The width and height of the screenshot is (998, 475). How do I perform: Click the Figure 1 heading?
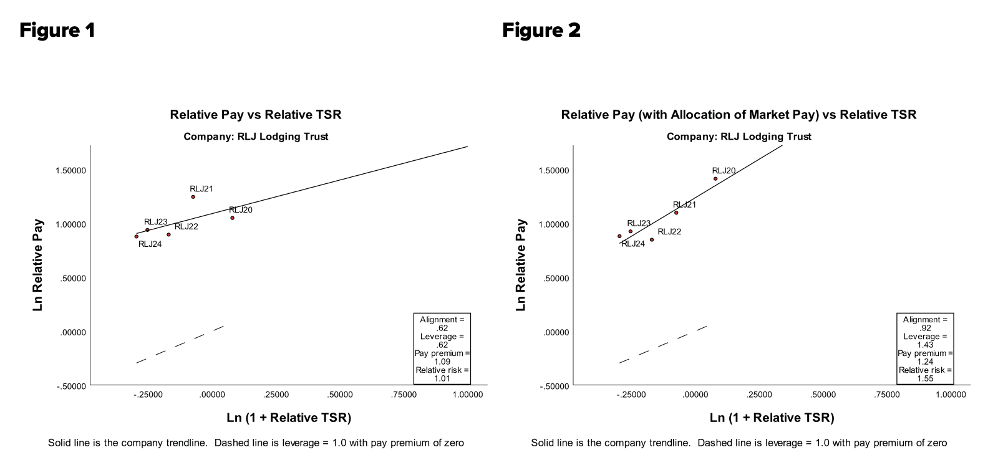click(57, 30)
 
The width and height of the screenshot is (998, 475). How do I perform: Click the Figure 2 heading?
click(541, 30)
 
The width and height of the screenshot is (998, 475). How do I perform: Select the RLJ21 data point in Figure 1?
click(193, 197)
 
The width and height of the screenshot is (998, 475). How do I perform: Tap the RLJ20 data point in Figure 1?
click(232, 218)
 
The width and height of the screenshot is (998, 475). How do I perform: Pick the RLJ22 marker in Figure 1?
click(168, 234)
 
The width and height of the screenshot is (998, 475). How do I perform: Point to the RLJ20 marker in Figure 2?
click(715, 179)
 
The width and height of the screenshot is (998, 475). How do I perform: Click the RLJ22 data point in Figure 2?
click(652, 239)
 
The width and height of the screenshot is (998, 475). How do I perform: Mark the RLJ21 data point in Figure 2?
click(676, 213)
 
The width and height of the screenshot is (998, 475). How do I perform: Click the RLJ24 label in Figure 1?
click(150, 244)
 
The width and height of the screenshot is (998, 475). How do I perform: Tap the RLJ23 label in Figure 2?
click(639, 223)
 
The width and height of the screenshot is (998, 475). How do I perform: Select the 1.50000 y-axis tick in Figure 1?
click(71, 171)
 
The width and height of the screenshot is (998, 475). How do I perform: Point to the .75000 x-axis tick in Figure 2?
click(887, 395)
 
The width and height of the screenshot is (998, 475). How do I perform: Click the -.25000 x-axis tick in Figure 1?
click(148, 395)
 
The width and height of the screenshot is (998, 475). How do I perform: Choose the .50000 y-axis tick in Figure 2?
click(555, 278)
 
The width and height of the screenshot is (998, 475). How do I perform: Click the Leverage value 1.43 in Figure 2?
click(925, 345)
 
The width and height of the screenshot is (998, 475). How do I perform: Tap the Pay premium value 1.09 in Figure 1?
click(442, 362)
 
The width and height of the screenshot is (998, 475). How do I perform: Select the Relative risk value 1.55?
click(925, 378)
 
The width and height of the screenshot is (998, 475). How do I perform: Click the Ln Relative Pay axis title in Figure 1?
click(38, 264)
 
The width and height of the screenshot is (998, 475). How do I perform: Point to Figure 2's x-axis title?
click(772, 418)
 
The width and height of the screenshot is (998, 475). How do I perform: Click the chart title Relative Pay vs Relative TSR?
click(256, 115)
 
